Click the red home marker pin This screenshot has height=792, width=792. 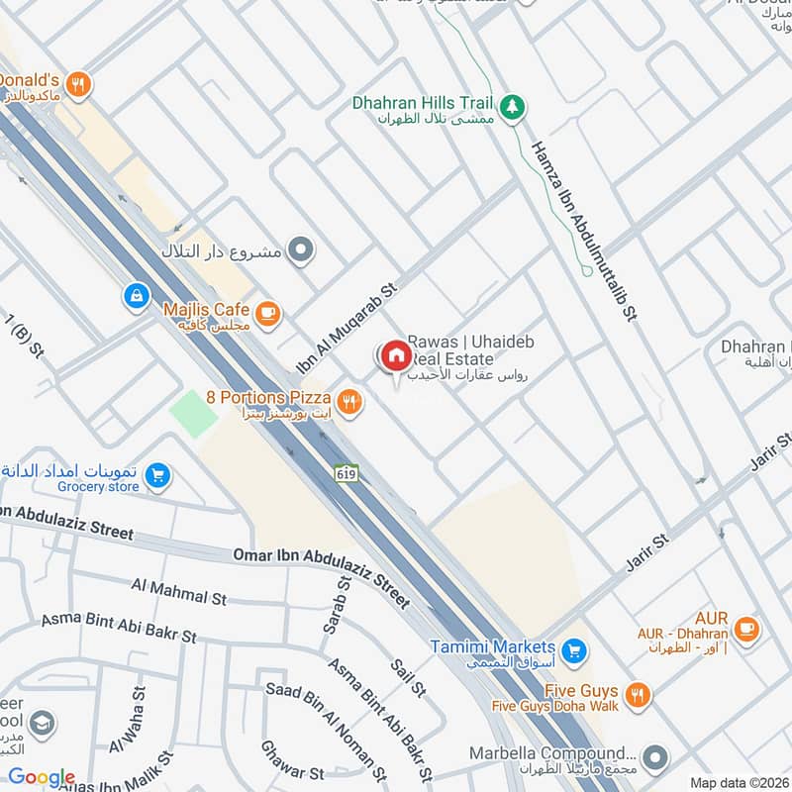tap(394, 355)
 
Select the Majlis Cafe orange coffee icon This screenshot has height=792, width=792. tap(267, 315)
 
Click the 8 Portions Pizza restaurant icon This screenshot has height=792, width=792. tap(348, 402)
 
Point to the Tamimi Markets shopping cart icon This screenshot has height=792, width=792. tap(571, 651)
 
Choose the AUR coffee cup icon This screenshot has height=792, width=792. tap(745, 626)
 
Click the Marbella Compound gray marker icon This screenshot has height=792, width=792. tap(653, 759)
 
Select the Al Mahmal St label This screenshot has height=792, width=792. tap(179, 592)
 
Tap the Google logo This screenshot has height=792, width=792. tap(42, 777)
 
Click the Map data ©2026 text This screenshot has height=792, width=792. tap(739, 783)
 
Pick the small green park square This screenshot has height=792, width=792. tap(193, 413)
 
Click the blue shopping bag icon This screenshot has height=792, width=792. tap(136, 295)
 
